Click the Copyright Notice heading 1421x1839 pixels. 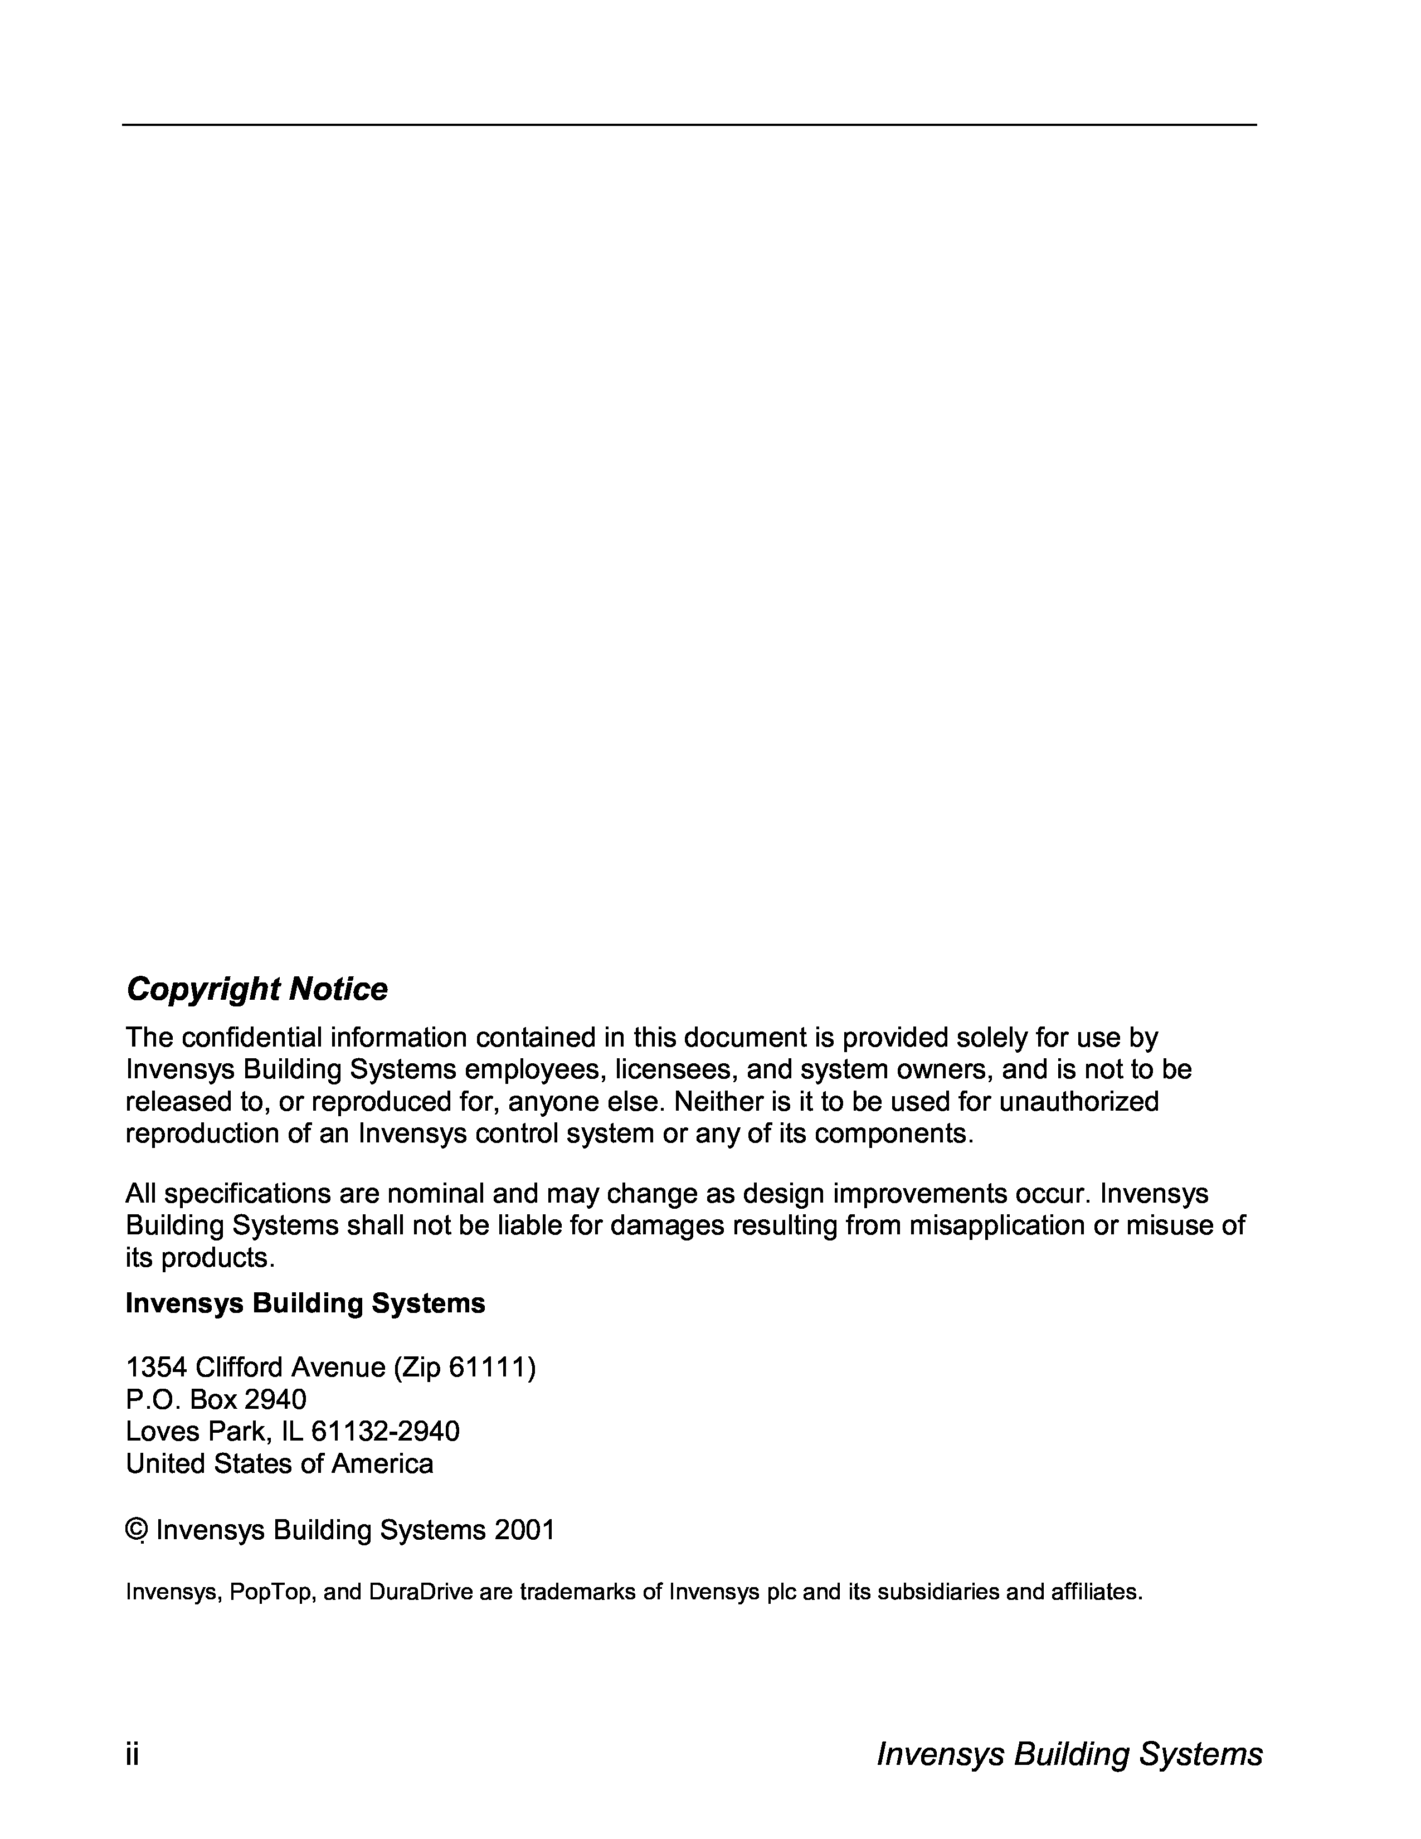[x=257, y=989]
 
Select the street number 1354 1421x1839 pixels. [x=155, y=1368]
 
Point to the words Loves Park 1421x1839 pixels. [x=193, y=1432]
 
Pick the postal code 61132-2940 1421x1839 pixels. [x=386, y=1432]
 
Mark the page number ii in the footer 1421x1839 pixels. [x=132, y=1754]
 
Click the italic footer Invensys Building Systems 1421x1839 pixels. [x=1069, y=1754]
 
